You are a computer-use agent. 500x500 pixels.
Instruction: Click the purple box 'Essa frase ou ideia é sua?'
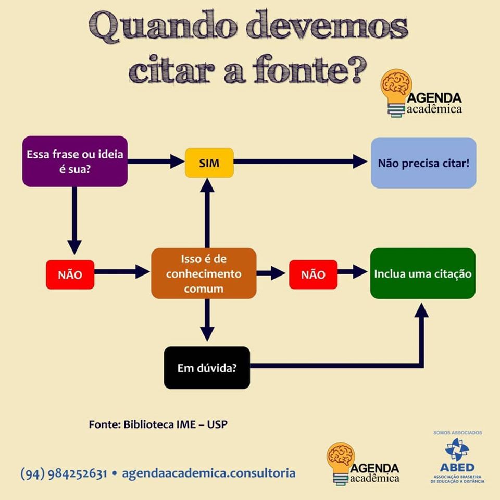click(x=74, y=161)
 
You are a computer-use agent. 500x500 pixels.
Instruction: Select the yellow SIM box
click(x=209, y=162)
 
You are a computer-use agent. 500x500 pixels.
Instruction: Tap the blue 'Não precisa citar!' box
click(x=423, y=162)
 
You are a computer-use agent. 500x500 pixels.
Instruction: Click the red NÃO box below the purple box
click(x=70, y=274)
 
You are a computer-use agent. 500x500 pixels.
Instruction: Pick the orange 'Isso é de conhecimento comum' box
click(x=204, y=273)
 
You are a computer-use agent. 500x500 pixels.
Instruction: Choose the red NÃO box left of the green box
click(x=313, y=274)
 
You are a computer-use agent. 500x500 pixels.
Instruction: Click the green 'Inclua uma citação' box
click(x=422, y=273)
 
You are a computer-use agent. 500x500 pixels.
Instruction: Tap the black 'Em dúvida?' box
click(x=207, y=368)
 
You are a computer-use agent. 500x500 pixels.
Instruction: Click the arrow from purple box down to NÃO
click(x=74, y=219)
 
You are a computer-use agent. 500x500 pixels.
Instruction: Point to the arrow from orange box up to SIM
click(x=207, y=214)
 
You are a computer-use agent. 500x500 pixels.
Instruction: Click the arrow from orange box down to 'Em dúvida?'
click(x=207, y=319)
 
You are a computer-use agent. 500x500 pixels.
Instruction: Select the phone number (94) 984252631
click(x=64, y=473)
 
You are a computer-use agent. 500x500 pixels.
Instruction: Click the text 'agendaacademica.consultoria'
click(x=208, y=473)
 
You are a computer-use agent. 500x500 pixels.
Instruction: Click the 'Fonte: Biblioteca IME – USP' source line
click(x=158, y=424)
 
